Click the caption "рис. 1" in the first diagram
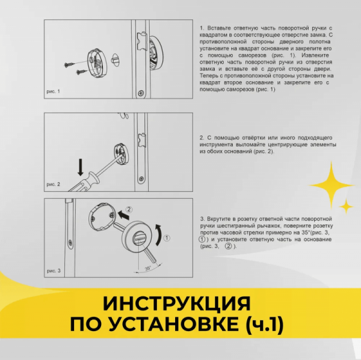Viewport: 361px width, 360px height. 54,91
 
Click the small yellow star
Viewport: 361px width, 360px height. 346,206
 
